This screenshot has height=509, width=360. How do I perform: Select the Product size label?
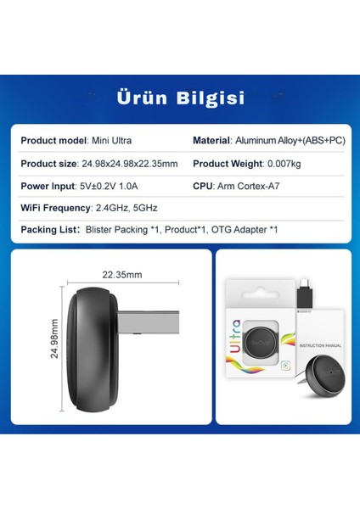click(49, 163)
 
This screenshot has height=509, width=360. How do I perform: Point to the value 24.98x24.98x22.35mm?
click(130, 163)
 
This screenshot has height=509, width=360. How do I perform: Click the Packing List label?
click(48, 229)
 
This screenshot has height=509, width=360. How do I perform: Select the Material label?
click(211, 140)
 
